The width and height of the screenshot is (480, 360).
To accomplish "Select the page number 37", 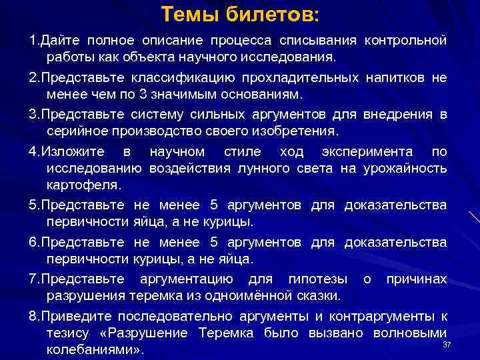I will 447,344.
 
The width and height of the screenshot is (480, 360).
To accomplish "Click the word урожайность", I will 405,167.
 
